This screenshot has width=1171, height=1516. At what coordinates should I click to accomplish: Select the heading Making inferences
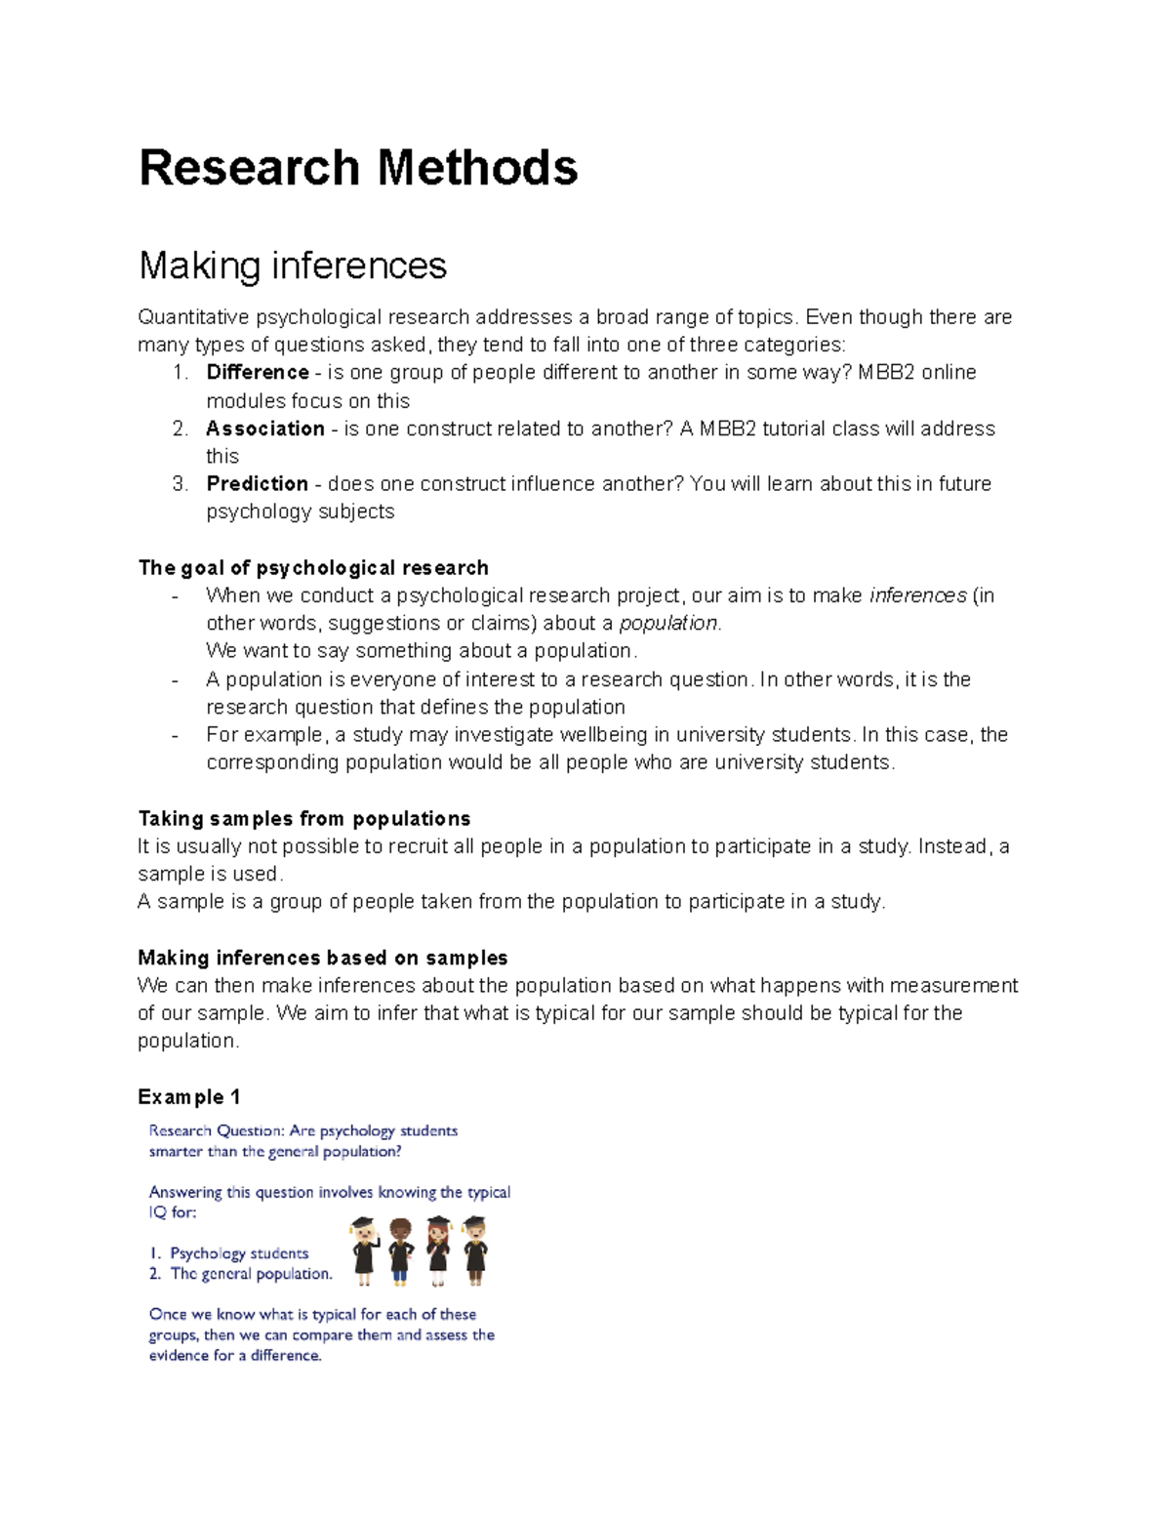(292, 266)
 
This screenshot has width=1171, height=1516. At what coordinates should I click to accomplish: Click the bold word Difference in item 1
(258, 372)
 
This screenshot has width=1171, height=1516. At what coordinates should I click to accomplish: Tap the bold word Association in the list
(264, 429)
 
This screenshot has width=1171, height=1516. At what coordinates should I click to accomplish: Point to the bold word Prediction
(257, 484)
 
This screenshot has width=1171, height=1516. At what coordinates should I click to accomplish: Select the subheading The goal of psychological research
(313, 568)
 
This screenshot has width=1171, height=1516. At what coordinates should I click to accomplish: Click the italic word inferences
(917, 595)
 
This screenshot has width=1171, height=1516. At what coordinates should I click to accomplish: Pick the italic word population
(668, 624)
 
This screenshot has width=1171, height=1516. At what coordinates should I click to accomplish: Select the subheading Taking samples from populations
(304, 818)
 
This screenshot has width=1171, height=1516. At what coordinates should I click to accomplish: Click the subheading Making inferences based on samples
(323, 958)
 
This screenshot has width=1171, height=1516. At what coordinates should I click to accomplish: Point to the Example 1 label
(189, 1097)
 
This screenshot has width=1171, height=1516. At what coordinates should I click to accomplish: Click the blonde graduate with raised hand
(364, 1250)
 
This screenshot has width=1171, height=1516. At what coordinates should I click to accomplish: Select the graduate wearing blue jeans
(399, 1250)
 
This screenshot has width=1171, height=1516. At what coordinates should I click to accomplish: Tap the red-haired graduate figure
(438, 1250)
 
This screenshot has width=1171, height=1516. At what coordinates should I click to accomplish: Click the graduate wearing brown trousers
(475, 1250)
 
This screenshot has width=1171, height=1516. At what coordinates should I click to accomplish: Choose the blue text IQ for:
(173, 1212)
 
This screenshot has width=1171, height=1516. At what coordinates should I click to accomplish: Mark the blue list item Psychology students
(239, 1253)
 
